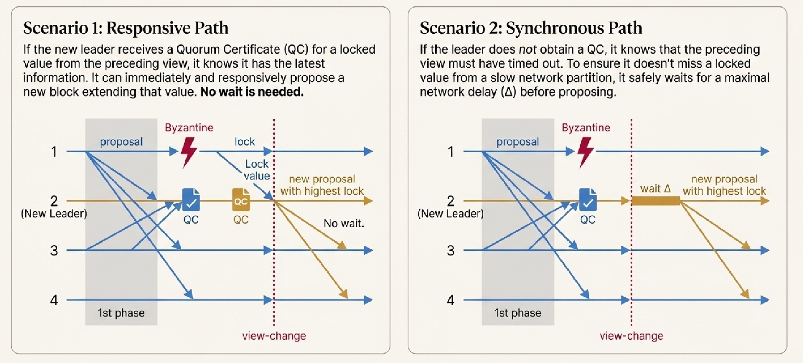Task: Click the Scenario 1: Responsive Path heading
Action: point(126,28)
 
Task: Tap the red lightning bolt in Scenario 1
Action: point(189,152)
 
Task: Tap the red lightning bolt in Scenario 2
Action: point(586,152)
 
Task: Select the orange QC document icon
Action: point(241,200)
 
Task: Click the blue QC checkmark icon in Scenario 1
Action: point(191,200)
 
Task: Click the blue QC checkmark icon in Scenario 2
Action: point(588,200)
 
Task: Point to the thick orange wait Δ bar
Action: point(656,201)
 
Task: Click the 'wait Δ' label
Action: point(656,189)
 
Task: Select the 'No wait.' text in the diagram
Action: point(344,223)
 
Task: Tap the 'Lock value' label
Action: point(257,170)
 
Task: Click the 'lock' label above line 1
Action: point(245,142)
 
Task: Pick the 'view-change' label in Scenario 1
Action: point(274,336)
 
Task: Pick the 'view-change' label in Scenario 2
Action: point(631,336)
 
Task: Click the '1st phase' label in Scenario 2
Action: point(518,313)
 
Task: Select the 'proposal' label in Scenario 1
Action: point(121,142)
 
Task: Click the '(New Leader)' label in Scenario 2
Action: point(451,214)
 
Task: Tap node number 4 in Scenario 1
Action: point(54,300)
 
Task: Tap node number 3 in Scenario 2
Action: point(451,250)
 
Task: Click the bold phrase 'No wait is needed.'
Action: point(252,92)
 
